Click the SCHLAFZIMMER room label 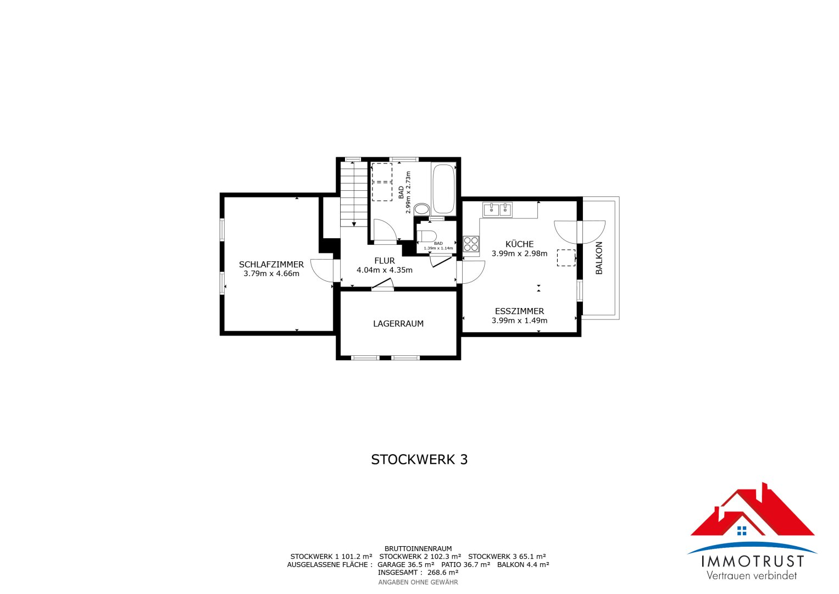[271, 265]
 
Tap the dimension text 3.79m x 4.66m [271, 273]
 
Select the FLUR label [385, 261]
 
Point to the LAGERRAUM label [398, 324]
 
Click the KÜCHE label [519, 244]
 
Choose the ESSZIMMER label [519, 311]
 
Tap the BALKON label [599, 258]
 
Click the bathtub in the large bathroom [443, 189]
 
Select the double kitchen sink [498, 210]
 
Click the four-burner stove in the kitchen [471, 244]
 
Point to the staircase [353, 194]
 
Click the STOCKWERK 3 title [419, 460]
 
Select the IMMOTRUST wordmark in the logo [752, 562]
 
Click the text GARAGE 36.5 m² [406, 564]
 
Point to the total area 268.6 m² [443, 573]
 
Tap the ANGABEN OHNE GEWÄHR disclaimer [418, 582]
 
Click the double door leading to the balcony [579, 232]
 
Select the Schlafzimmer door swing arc [321, 270]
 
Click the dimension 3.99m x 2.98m [519, 254]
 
